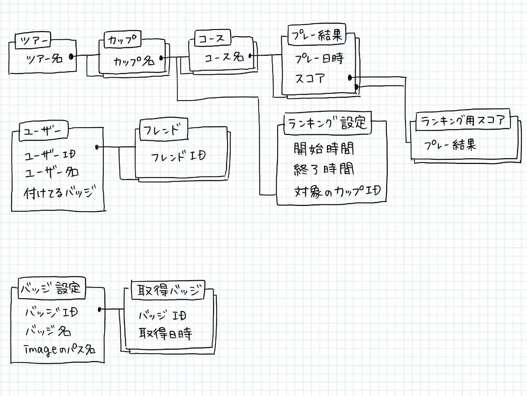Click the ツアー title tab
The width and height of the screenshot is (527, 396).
coord(33,41)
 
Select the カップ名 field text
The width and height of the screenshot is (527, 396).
coord(133,61)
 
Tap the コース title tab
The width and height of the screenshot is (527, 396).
coord(212,38)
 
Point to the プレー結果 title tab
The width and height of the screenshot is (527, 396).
coord(317,35)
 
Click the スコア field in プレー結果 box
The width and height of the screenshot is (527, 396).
coord(310,79)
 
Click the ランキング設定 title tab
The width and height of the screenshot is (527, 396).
coord(327,123)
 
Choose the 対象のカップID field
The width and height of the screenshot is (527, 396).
coord(337,191)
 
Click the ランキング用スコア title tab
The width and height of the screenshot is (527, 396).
coord(463,121)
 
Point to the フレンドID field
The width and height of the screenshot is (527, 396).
coord(178,157)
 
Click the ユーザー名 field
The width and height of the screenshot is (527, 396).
coord(52,172)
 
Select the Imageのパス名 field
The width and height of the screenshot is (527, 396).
coord(60,350)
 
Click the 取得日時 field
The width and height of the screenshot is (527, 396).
coord(165,333)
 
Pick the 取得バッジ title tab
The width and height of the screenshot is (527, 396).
coord(169,290)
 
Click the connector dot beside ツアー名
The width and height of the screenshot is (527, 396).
coord(71,57)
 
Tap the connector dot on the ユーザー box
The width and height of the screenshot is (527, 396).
coord(97,147)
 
